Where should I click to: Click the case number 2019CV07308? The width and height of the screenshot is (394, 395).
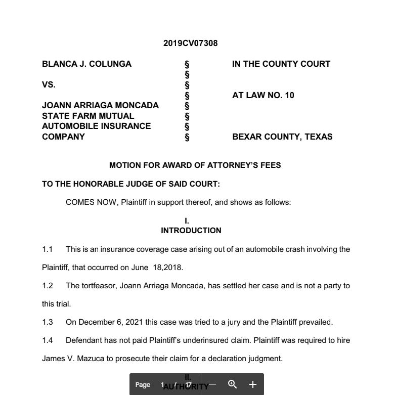click(x=190, y=43)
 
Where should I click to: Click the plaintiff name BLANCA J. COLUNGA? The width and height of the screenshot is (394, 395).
click(x=86, y=64)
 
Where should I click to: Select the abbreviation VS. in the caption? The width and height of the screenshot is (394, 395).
click(x=49, y=84)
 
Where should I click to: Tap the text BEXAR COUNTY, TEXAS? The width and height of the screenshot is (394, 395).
click(x=282, y=137)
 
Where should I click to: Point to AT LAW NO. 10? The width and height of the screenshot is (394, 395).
click(x=263, y=95)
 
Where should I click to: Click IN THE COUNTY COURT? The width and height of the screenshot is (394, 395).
click(x=281, y=64)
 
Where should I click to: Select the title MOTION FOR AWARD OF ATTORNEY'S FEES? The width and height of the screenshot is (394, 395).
click(x=195, y=165)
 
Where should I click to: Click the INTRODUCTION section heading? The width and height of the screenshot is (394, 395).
click(x=191, y=230)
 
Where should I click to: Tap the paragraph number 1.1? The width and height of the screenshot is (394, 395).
click(x=48, y=249)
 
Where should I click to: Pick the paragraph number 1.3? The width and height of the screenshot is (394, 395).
click(x=48, y=322)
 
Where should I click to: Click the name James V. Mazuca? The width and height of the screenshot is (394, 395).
click(x=70, y=359)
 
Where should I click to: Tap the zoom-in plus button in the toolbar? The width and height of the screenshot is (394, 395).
click(x=253, y=384)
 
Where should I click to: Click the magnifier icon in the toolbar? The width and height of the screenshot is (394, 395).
click(x=232, y=384)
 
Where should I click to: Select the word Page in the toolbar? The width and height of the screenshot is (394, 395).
click(x=143, y=385)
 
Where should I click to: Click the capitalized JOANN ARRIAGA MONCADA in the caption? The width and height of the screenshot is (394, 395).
click(x=100, y=105)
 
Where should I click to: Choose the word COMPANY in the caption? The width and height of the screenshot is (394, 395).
click(x=63, y=137)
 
